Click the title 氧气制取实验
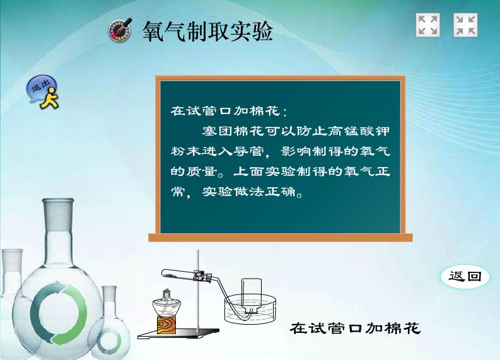[207, 32]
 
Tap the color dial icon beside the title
[120, 30]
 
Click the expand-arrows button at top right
[427, 25]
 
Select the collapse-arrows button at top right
[465, 25]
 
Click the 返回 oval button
[465, 276]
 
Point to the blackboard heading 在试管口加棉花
[229, 111]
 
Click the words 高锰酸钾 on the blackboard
[359, 131]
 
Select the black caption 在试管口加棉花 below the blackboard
[355, 328]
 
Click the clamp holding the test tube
[201, 275]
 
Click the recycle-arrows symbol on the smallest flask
[109, 342]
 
